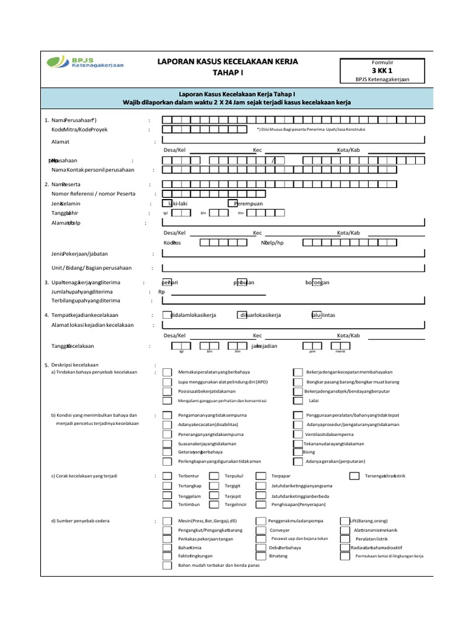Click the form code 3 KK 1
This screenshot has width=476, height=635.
(382, 71)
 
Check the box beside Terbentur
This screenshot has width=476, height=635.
(167, 476)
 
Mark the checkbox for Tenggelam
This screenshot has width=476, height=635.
(167, 495)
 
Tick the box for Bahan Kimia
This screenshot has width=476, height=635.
(167, 548)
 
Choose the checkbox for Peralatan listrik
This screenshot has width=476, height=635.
(345, 539)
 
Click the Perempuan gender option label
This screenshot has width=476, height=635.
(249, 203)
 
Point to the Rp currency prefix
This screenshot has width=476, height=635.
(162, 291)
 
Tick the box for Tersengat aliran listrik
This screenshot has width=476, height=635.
(354, 476)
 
